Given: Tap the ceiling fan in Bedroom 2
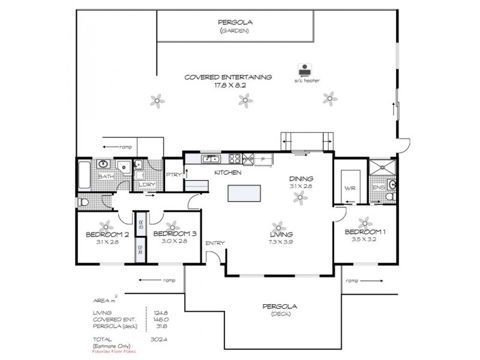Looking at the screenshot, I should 107,226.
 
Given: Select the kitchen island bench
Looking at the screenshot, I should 244,194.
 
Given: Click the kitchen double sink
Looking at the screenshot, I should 211,159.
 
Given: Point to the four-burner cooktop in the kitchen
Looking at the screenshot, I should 234,159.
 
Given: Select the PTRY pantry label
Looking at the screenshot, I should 173,175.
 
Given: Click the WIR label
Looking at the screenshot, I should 350,188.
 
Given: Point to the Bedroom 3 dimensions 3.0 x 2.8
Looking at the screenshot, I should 175,241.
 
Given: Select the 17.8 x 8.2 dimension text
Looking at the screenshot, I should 228,85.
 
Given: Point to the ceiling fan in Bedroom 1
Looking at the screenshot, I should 362,222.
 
